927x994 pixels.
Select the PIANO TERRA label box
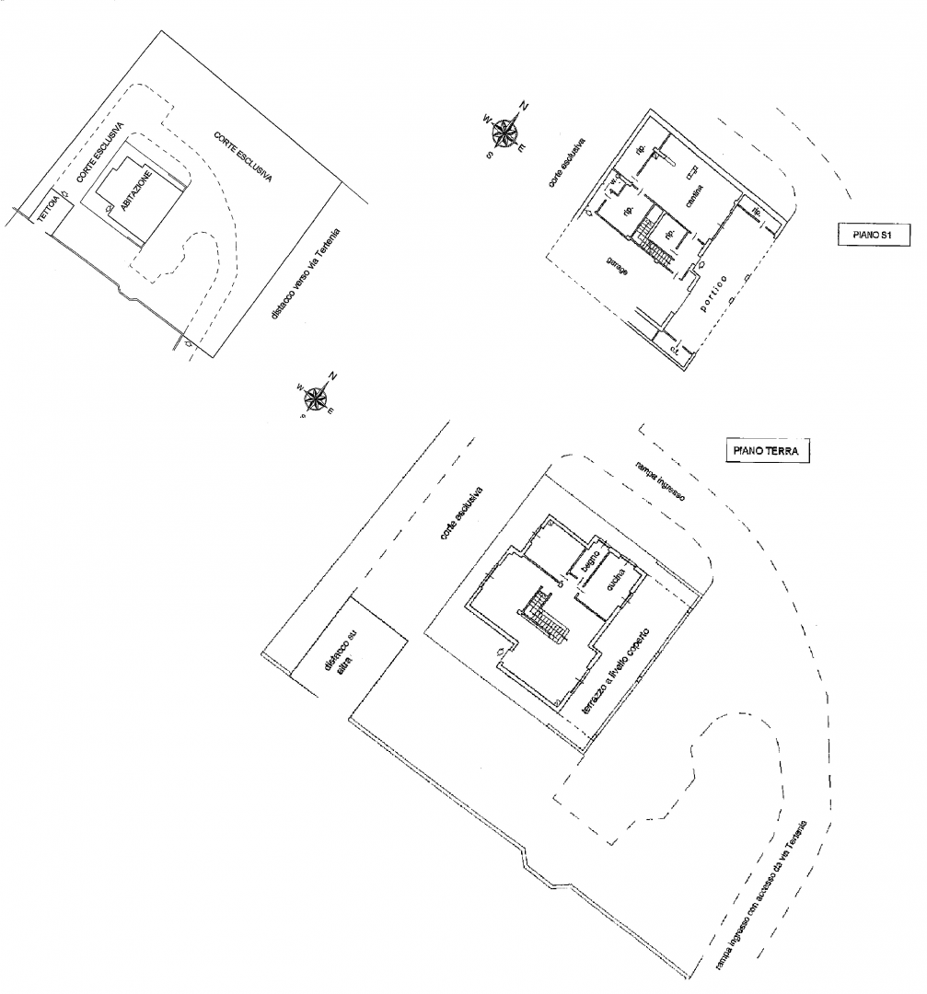pos(763,451)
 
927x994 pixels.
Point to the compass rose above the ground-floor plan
pos(315,397)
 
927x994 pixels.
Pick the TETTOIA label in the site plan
pos(47,208)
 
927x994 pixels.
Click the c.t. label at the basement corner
pos(674,350)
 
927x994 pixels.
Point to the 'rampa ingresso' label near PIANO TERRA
pos(658,480)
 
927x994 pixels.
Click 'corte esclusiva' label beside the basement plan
pos(565,165)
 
